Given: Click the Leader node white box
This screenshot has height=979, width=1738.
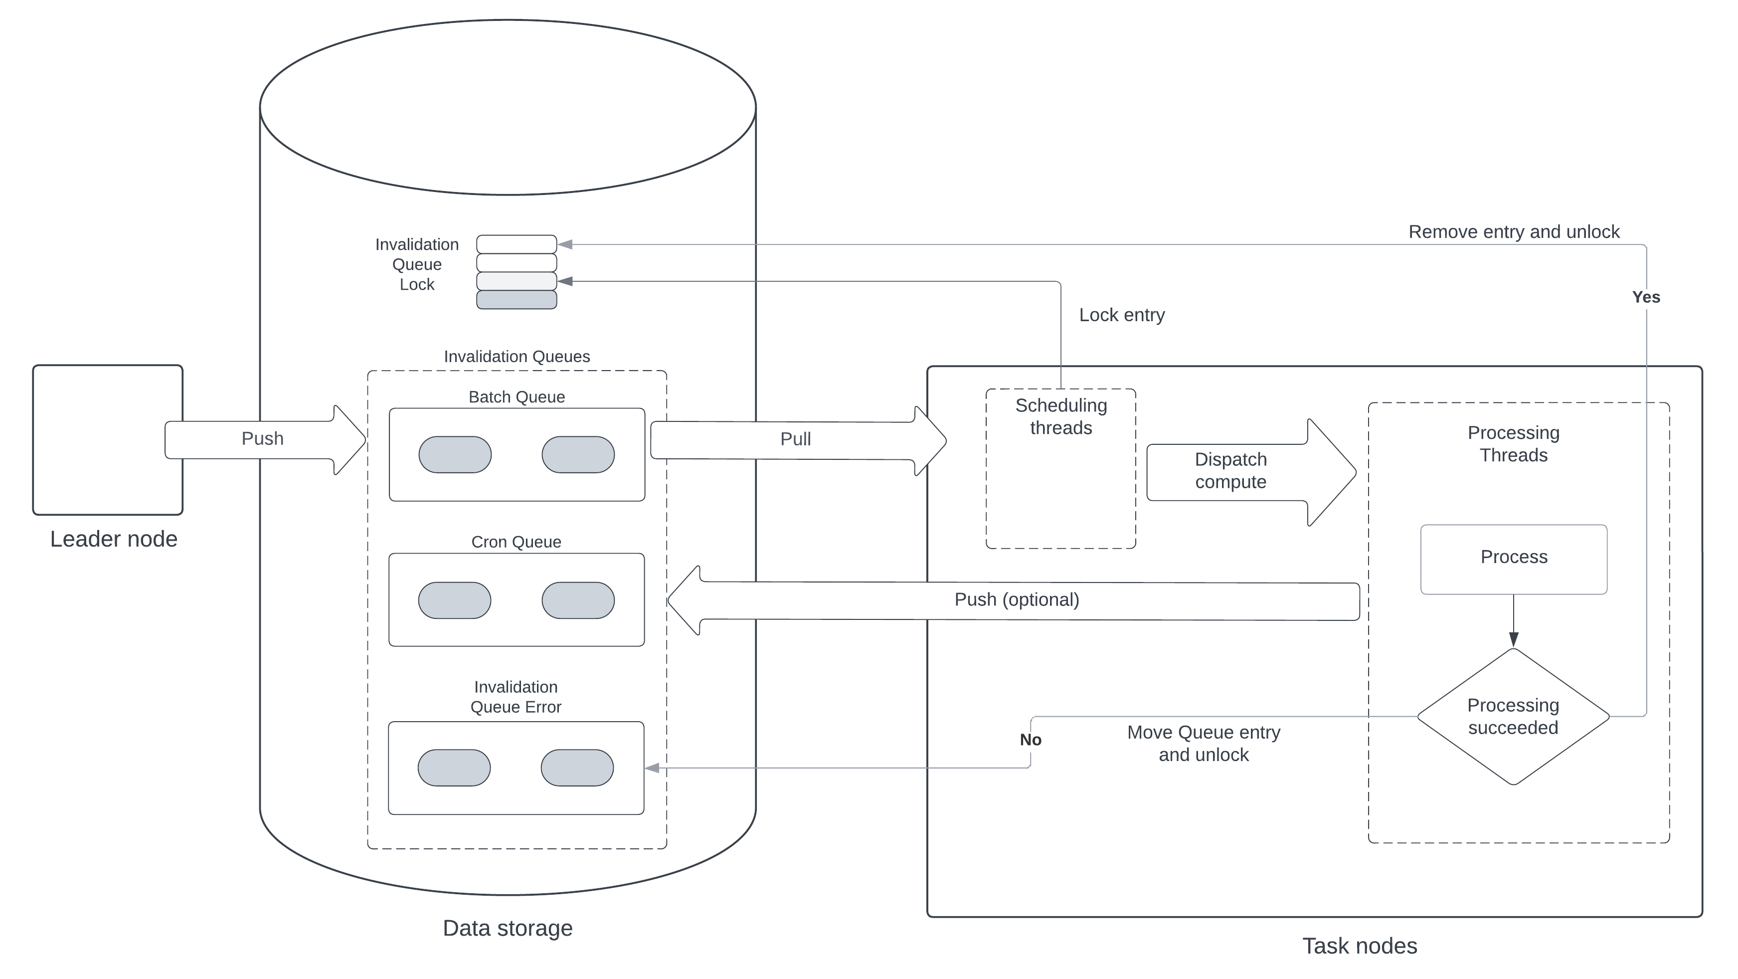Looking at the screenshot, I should pos(108,440).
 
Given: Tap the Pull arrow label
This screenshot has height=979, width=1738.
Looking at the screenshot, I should pos(795,439).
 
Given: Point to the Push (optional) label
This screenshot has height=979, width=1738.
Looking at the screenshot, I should pos(1017,600).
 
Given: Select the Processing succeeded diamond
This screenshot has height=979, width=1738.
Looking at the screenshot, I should pos(1513,717).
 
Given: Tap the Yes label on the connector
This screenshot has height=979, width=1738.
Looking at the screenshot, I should pos(1646,297).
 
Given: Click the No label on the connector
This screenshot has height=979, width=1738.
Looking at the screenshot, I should pos(1030,740).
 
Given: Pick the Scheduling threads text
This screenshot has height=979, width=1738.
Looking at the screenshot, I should pos(1060,417).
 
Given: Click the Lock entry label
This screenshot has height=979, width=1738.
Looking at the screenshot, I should pos(1121,315).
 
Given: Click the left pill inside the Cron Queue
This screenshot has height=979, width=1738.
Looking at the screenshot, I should pos(455,600).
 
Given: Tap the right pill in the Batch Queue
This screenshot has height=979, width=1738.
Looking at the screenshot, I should pos(578,455).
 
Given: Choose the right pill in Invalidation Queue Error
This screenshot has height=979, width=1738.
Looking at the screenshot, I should pos(577,768).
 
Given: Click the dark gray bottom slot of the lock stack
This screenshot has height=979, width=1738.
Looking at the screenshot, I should pos(517,300).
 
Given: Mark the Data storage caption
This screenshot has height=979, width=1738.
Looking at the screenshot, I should pos(508,929).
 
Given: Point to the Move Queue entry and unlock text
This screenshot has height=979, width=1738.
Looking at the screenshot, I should pos(1204,744).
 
